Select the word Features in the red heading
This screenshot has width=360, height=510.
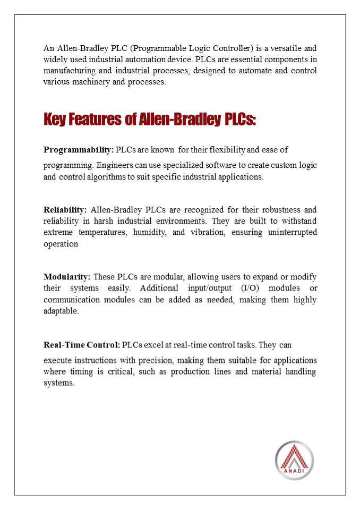pos(97,120)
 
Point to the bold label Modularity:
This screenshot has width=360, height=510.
pos(67,277)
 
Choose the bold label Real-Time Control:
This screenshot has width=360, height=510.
pos(82,345)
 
